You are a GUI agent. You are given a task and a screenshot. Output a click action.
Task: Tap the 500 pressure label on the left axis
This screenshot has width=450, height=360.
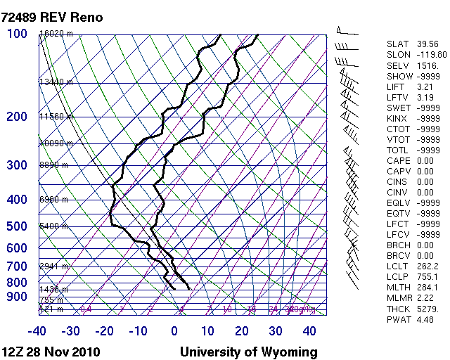pos(17,226)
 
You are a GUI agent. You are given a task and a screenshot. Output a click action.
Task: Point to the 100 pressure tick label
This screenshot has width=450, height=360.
pos(17,34)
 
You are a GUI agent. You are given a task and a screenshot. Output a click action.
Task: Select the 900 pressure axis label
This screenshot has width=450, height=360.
pos(17,297)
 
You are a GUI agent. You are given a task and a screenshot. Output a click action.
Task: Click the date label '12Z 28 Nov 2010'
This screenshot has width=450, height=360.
pos(51,352)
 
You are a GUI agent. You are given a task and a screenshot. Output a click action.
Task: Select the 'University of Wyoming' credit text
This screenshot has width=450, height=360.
pos(249,352)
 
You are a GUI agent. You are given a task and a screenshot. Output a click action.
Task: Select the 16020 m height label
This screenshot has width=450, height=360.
pos(56,34)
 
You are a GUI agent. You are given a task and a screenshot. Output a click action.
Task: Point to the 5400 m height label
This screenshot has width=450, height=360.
pos(54,226)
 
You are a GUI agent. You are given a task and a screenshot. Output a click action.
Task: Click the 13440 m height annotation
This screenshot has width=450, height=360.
pos(56,82)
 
